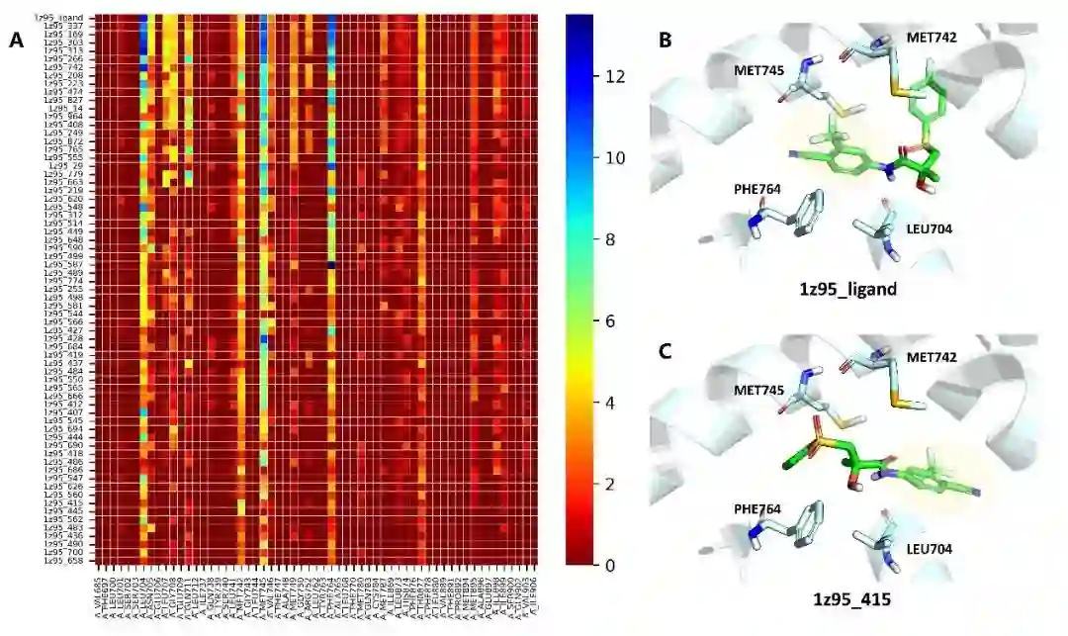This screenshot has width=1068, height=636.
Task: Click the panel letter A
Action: tap(15, 41)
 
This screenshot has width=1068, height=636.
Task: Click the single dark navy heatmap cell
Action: tap(330, 265)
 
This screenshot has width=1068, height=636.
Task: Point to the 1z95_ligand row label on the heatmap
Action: tap(59, 18)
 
